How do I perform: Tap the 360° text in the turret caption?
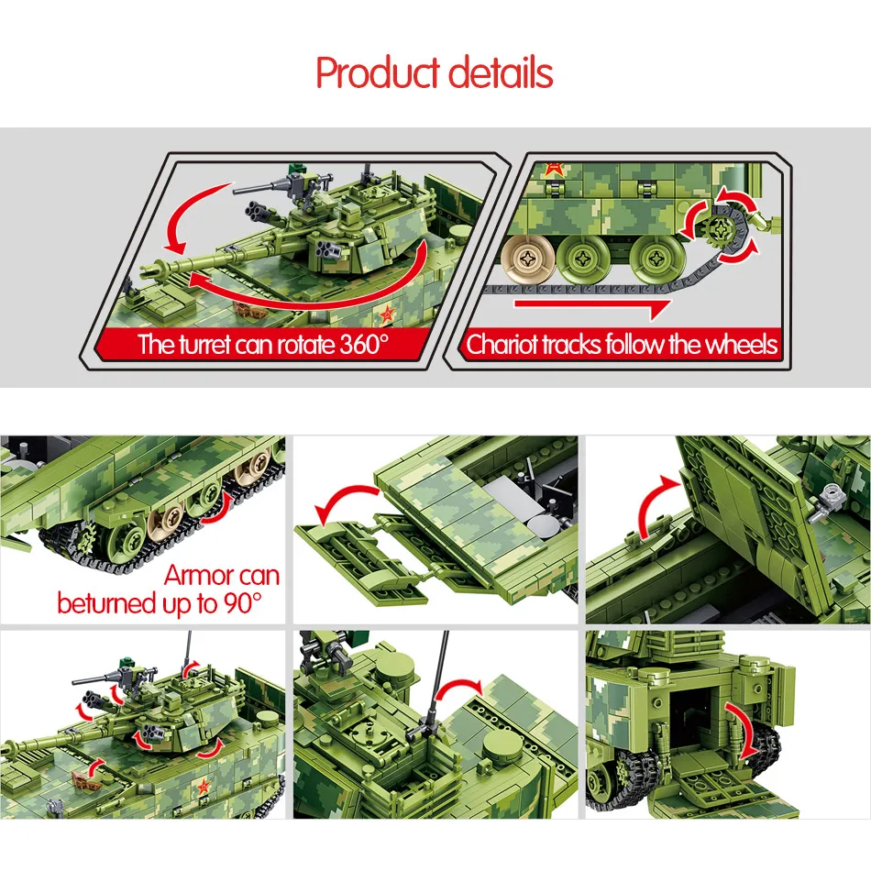coord(363,345)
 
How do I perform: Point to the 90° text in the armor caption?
coord(243,603)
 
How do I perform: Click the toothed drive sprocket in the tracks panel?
coord(721,226)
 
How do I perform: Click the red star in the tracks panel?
coord(552,169)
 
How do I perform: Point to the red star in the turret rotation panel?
coord(386,315)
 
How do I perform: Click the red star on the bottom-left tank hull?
coord(204,786)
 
